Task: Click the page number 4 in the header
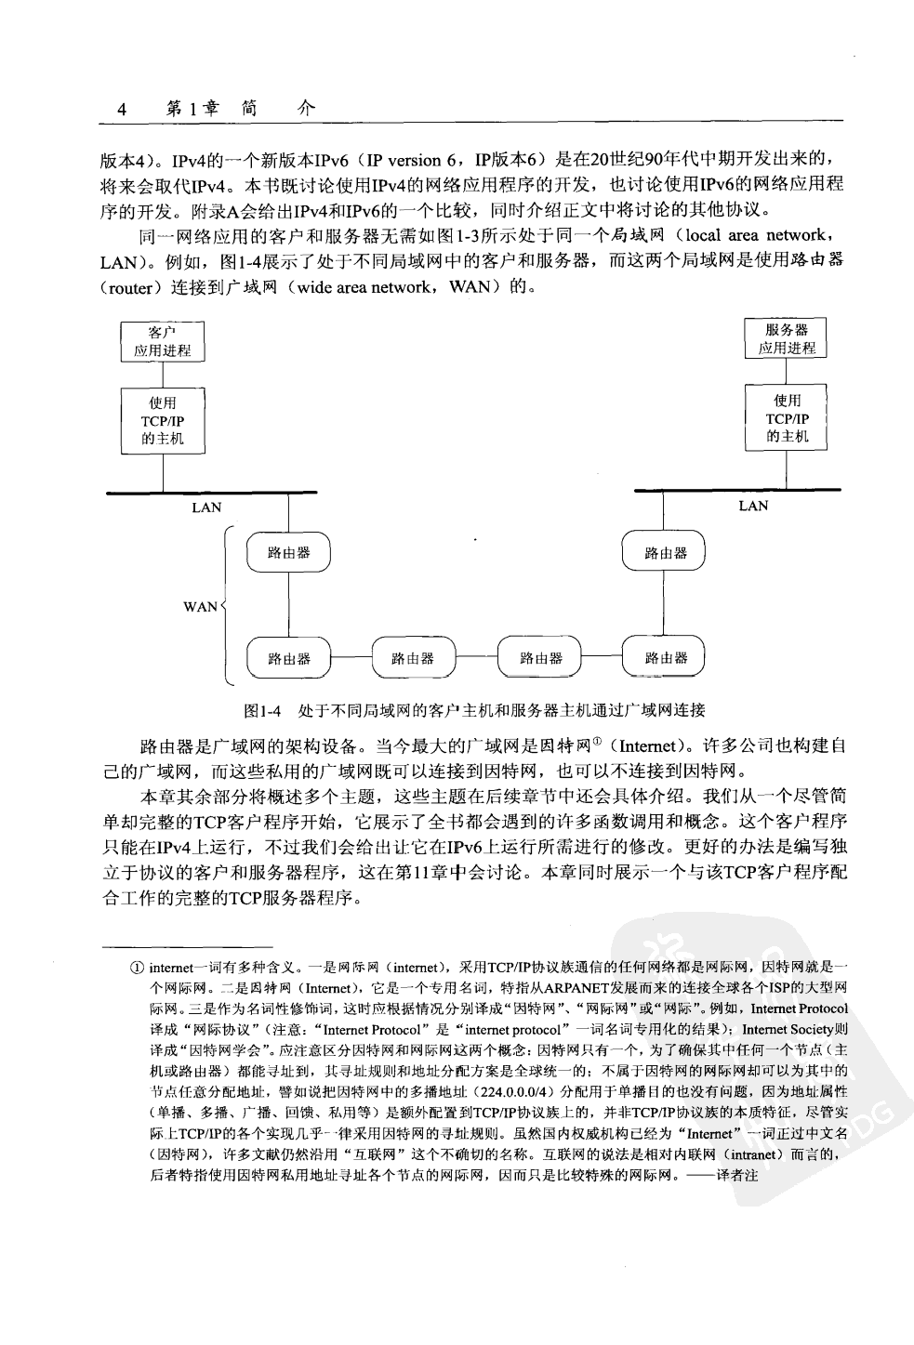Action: [x=121, y=110]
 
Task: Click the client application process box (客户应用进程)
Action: [x=163, y=341]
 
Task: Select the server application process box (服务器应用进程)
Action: [x=787, y=338]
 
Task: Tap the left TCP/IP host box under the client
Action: [x=163, y=420]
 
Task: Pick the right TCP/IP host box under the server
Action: [x=787, y=418]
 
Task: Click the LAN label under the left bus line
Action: [x=206, y=508]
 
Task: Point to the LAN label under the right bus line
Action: [x=753, y=506]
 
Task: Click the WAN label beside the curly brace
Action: [x=200, y=607]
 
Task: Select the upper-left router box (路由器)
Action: [x=288, y=553]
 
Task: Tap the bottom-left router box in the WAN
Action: [x=288, y=658]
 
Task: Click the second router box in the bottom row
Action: [x=413, y=658]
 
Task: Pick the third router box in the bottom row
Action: [x=539, y=658]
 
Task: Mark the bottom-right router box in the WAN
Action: [x=664, y=658]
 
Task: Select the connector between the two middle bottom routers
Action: [x=476, y=658]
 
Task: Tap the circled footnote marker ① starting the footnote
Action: [x=137, y=968]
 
